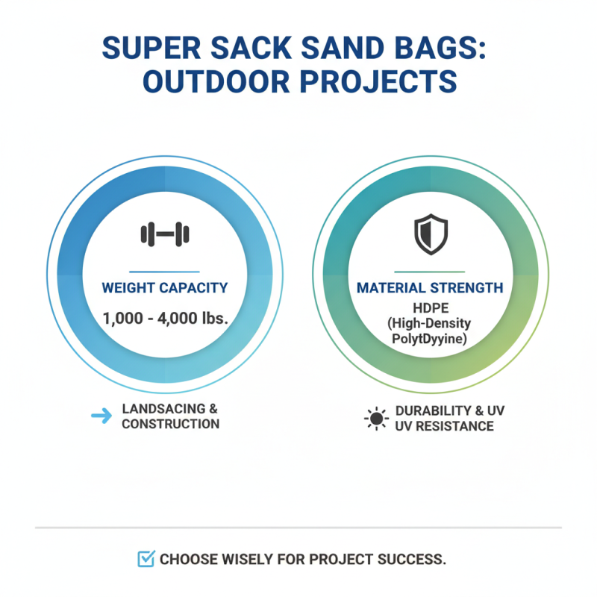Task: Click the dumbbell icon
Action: [x=164, y=235]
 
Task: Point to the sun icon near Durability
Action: [x=376, y=418]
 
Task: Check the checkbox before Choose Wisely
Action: [x=147, y=558]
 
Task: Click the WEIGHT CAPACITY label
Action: [x=164, y=287]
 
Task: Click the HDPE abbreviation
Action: [x=429, y=307]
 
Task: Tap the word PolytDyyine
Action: [x=429, y=340]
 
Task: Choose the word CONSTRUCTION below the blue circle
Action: [x=170, y=424]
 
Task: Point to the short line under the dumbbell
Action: [x=164, y=272]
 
